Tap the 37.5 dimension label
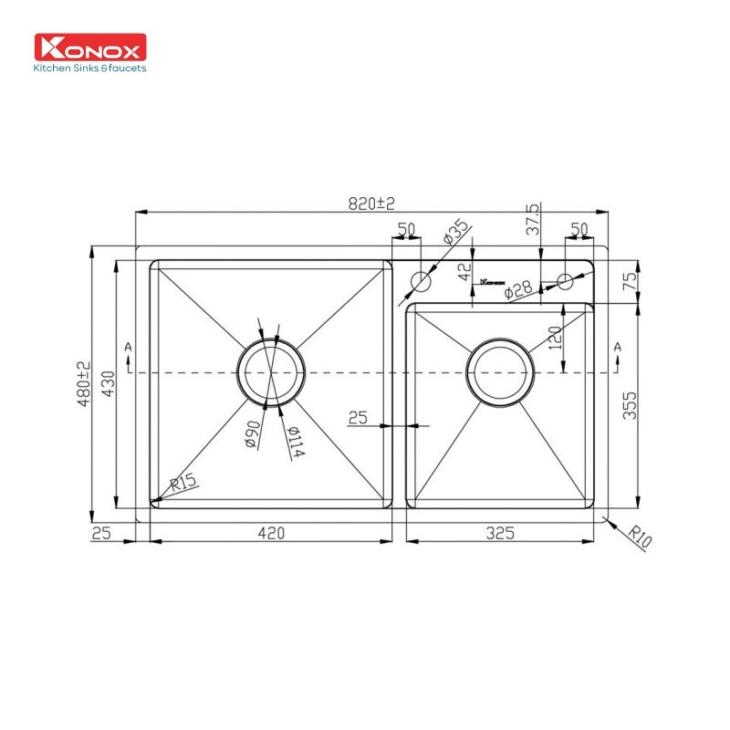click(x=533, y=220)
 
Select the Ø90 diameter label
click(x=252, y=433)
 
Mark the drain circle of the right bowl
click(x=499, y=373)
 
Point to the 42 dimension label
click(x=464, y=271)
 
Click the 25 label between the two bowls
click(x=358, y=418)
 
